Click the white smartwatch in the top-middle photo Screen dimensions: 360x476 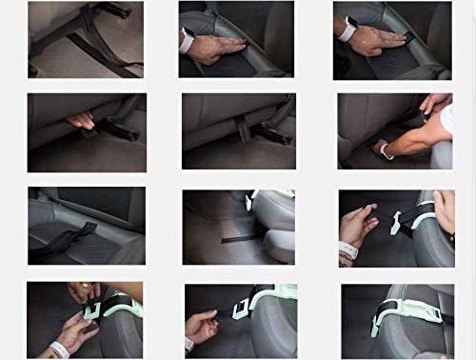click(x=187, y=38)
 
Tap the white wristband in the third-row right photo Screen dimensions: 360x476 click(x=347, y=250)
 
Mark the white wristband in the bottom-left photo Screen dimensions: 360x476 click(x=58, y=350)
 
